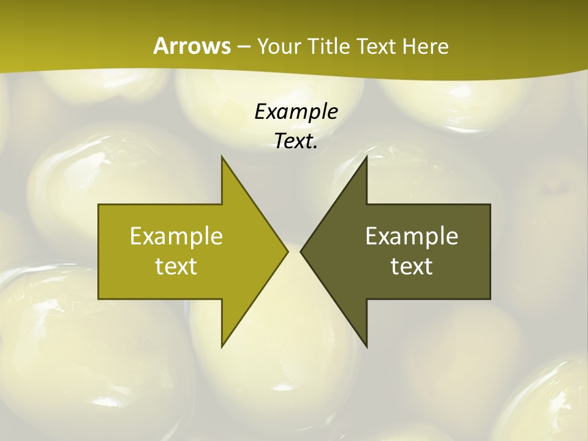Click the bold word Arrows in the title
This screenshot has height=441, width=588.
pos(191,46)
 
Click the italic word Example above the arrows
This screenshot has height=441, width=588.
pos(296,112)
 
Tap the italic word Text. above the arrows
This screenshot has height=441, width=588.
pos(296,141)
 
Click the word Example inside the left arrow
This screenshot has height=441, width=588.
pos(176,236)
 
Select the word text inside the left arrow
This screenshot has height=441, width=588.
pos(176,266)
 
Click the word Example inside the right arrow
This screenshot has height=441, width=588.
pos(412,236)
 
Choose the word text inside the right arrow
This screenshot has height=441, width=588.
pos(412,266)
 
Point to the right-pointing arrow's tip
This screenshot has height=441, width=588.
pos(288,251)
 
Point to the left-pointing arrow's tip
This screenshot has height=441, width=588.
pos(300,251)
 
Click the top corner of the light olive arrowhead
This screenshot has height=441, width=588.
pos(222,156)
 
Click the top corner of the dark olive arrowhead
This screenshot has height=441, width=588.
pos(367,156)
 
